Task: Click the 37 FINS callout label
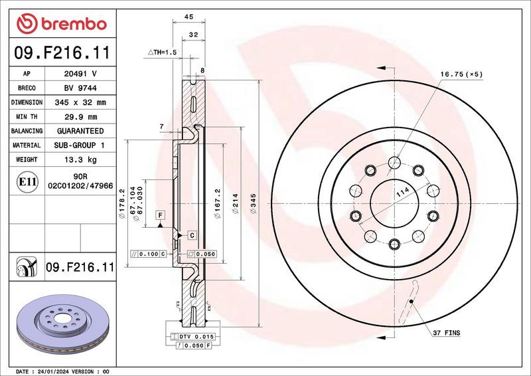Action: (x=445, y=332)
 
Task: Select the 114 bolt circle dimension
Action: (x=402, y=193)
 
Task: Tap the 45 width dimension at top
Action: (x=189, y=17)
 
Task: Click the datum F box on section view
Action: (x=160, y=215)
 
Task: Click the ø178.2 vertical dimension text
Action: (x=123, y=200)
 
